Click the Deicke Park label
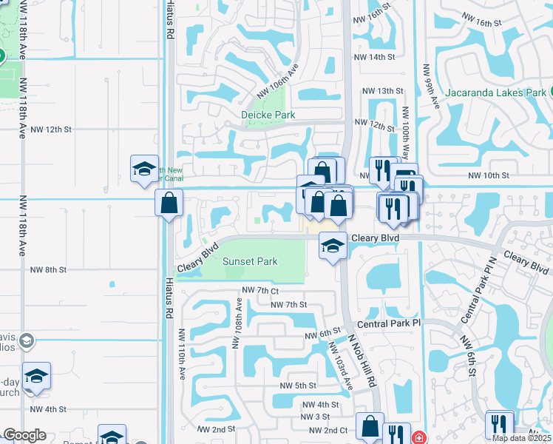[x=268, y=115]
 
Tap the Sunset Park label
[x=250, y=261]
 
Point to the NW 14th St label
[x=379, y=57]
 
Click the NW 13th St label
[x=382, y=91]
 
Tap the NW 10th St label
[x=489, y=175]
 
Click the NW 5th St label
[x=298, y=386]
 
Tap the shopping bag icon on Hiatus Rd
[x=169, y=202]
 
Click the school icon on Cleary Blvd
[x=333, y=245]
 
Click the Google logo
[x=25, y=435]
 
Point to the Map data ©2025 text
[x=523, y=438]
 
